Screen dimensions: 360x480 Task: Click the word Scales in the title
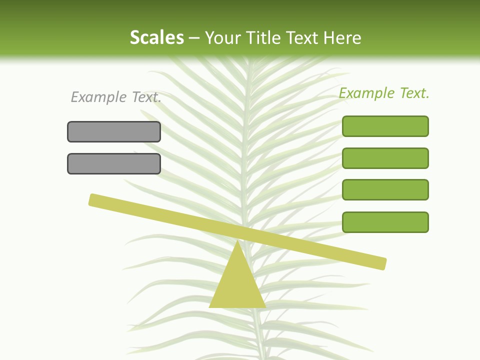[x=156, y=37]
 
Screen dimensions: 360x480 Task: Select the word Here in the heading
[x=342, y=37]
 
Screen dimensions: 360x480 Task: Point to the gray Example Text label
[x=116, y=97]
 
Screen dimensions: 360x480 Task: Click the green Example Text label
[x=384, y=93]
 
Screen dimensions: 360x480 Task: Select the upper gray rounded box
[x=114, y=131]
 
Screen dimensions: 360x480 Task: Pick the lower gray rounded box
[x=114, y=163]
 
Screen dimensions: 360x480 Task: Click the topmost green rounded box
[x=385, y=126]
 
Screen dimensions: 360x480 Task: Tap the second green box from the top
[x=385, y=158]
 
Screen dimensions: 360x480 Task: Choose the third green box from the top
[x=385, y=189]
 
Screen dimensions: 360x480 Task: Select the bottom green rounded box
[x=385, y=222]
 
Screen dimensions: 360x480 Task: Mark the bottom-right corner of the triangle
[x=264, y=306]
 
